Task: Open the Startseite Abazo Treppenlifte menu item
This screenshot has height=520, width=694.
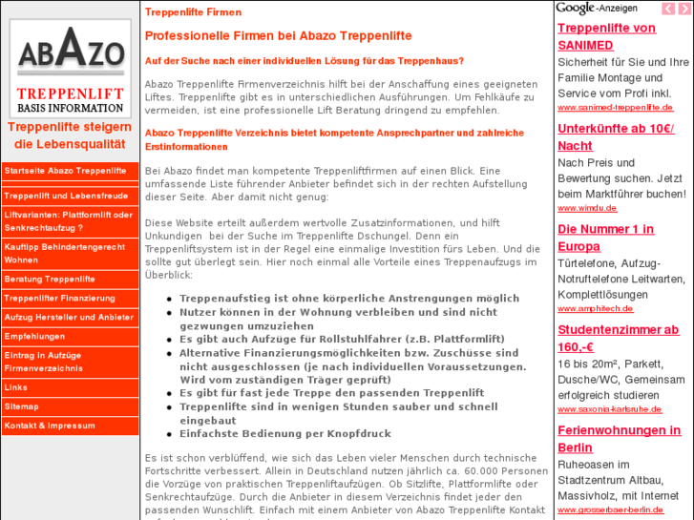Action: [x=66, y=171]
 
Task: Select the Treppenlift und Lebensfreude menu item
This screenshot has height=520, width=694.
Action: [x=66, y=196]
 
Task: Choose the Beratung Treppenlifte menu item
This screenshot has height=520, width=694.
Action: [x=50, y=280]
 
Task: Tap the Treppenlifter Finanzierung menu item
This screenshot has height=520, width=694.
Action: [x=59, y=299]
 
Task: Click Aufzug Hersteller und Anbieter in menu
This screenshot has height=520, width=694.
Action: [x=69, y=318]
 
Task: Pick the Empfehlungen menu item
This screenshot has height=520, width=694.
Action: [x=34, y=337]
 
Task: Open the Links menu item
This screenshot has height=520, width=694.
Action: [x=16, y=387]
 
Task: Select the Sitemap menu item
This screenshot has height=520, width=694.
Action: [x=22, y=406]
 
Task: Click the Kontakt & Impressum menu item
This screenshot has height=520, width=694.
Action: [x=50, y=426]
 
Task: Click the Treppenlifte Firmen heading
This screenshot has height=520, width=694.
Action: [x=193, y=12]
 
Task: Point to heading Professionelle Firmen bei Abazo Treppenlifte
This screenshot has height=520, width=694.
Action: [x=278, y=36]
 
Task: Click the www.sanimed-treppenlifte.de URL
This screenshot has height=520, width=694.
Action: [x=615, y=108]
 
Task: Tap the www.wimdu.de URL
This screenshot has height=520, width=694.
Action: [x=579, y=208]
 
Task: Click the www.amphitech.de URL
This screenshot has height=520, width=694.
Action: [x=595, y=308]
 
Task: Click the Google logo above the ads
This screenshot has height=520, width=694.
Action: [x=575, y=9]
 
